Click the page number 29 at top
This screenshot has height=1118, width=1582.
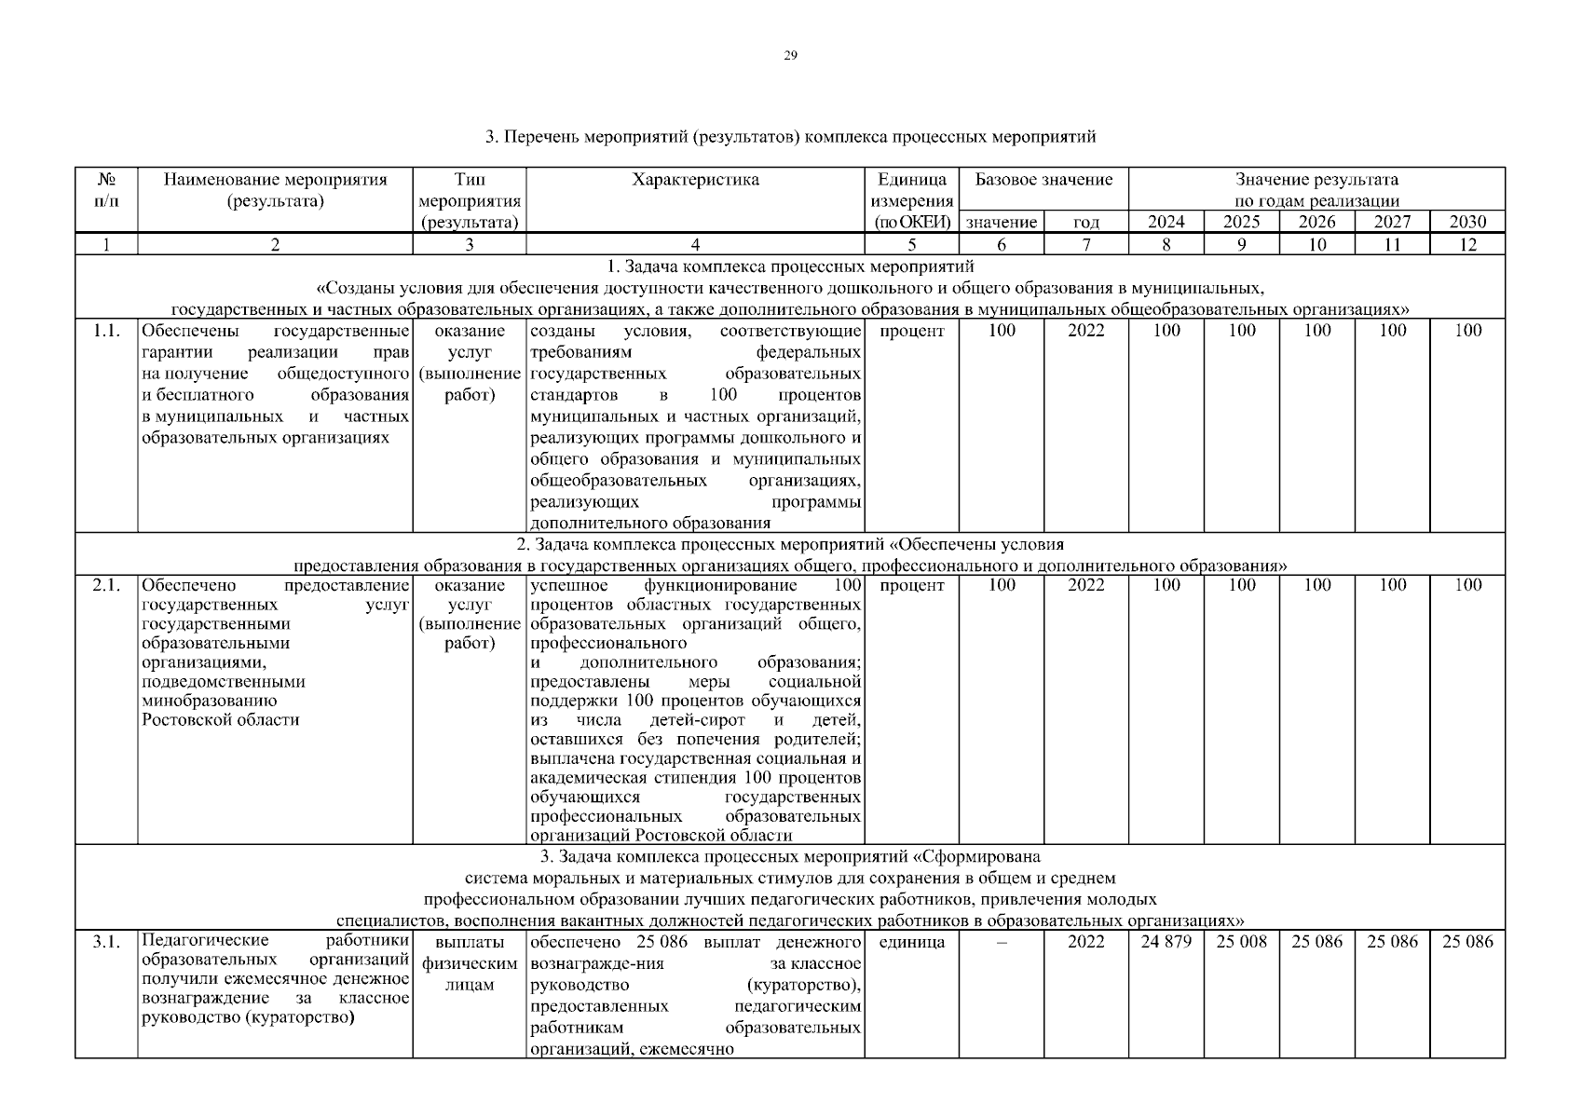click(790, 56)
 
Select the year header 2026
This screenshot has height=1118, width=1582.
click(1316, 222)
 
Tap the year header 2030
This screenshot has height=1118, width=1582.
click(1467, 222)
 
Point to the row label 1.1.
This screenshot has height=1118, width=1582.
click(106, 331)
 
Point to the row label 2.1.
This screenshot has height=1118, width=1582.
click(106, 585)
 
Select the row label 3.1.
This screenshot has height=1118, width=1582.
click(106, 942)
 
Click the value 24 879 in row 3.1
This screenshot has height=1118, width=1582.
click(1166, 942)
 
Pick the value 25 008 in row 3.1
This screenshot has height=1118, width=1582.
click(1241, 942)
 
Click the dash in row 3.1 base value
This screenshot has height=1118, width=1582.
click(1002, 942)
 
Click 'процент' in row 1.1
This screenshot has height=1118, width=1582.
click(911, 331)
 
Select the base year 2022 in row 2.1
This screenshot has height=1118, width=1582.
click(1085, 585)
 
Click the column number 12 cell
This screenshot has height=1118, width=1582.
click(1467, 245)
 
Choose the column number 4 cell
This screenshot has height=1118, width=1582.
click(695, 245)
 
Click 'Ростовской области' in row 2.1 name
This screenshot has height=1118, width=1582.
click(221, 720)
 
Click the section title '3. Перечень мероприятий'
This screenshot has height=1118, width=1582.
click(790, 138)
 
